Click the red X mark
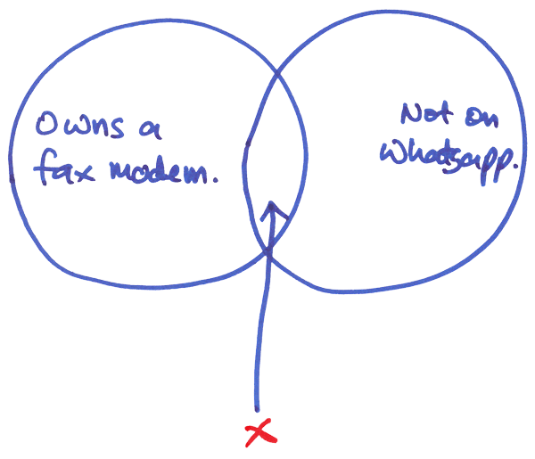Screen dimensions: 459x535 259,434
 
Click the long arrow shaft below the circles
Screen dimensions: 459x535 259,339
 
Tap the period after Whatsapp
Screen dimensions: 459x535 518,176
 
